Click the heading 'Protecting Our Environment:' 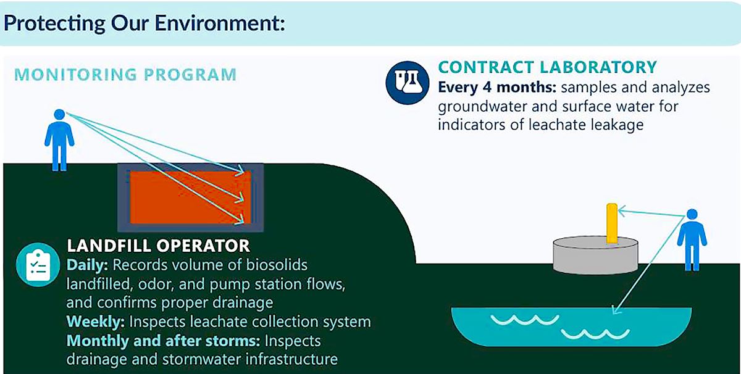click(144, 23)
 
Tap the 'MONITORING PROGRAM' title click(125, 75)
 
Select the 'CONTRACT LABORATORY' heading click(548, 67)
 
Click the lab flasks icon click(408, 83)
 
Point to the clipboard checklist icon click(38, 265)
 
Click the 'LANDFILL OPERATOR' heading click(158, 246)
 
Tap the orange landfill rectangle click(191, 197)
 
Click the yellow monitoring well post click(612, 223)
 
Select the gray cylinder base click(595, 256)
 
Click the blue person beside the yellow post click(692, 239)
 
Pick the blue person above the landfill click(59, 140)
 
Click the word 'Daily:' click(87, 265)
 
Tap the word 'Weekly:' click(96, 322)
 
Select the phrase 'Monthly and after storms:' click(164, 341)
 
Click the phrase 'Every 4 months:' click(497, 88)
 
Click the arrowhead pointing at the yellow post click(622, 211)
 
